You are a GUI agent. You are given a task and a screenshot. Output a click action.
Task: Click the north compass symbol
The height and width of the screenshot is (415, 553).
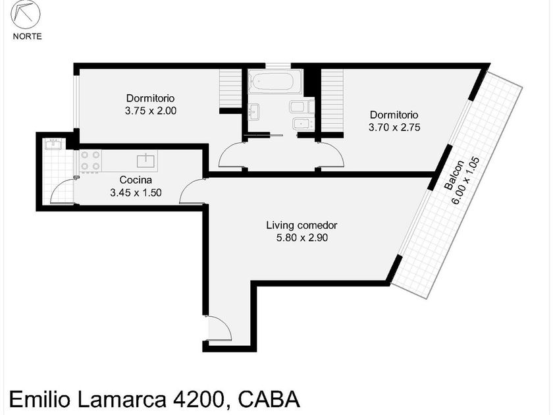click(26, 14)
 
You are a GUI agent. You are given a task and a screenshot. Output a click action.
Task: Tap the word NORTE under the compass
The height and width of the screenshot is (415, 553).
click(27, 36)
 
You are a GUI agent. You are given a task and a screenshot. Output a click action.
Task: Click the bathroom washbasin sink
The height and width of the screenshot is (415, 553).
click(253, 111)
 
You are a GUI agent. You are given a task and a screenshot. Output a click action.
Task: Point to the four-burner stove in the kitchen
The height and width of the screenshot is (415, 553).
click(91, 161)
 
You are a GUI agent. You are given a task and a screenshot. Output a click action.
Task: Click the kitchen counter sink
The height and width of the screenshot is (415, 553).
click(145, 161)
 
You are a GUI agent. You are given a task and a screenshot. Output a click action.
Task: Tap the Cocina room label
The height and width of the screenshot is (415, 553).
click(136, 180)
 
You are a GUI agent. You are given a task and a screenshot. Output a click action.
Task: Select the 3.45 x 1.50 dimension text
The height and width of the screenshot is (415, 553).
click(136, 192)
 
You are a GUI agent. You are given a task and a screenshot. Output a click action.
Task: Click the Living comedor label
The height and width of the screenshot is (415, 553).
click(302, 225)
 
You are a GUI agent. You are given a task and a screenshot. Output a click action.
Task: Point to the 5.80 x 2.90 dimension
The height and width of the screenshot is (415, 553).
click(302, 238)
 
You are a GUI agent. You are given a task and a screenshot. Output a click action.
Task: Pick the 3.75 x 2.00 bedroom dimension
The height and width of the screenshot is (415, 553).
click(151, 111)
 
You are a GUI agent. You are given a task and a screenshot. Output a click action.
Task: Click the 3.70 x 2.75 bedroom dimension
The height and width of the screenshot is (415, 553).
click(394, 127)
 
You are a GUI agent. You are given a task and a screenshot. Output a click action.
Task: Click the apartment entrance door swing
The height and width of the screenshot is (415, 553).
click(219, 328)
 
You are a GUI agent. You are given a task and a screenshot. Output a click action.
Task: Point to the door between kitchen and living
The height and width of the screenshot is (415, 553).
click(192, 191)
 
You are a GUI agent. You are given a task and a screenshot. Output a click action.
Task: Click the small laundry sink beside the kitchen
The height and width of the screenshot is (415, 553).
click(53, 144)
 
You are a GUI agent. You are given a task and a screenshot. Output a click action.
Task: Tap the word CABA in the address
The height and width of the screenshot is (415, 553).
click(269, 399)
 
